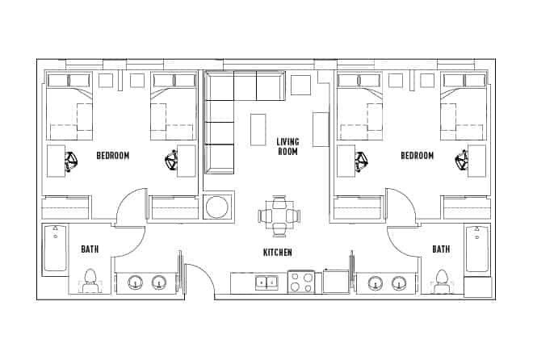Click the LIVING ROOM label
288,146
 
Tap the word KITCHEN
277,253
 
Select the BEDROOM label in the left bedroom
113,156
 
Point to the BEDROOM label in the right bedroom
417,156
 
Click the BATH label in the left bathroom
90,249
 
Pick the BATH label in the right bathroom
440,249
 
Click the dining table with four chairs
279,216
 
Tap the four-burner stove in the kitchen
301,283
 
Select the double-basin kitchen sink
266,283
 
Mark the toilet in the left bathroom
90,279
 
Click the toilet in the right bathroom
442,279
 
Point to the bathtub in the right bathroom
476,249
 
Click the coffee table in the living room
258,129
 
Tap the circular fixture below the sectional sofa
218,207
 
